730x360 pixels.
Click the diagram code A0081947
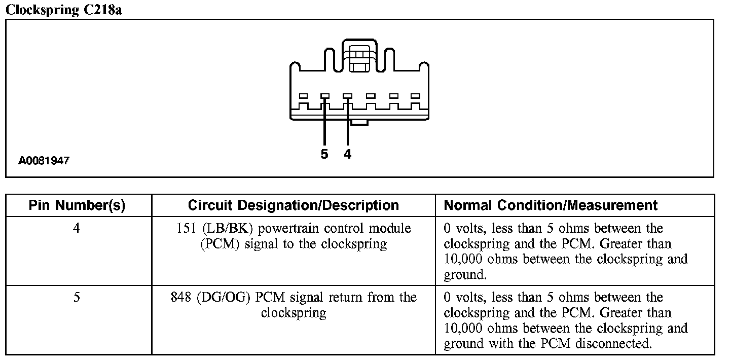pos(44,161)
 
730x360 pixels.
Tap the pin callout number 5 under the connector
pos(324,154)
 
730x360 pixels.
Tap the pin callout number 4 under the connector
pos(347,154)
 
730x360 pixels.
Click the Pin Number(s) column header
pos(77,205)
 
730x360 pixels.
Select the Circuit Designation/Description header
pos(293,205)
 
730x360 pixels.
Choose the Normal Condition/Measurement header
pos(551,205)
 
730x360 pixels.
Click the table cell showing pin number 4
pos(76,229)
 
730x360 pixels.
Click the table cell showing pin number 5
pos(76,297)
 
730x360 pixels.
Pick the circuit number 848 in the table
pos(181,297)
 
